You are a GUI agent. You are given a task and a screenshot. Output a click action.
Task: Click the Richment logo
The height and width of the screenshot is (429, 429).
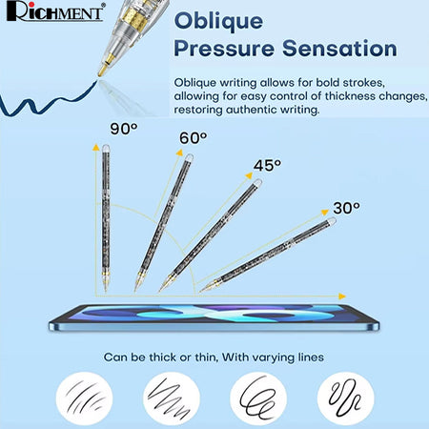click(x=55, y=11)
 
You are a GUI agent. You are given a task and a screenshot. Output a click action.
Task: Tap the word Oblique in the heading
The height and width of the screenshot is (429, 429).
click(x=218, y=22)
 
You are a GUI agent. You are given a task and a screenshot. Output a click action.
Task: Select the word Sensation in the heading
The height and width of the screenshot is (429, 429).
click(x=339, y=49)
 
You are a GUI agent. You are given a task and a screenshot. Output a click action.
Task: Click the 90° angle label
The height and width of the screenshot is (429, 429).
click(x=124, y=129)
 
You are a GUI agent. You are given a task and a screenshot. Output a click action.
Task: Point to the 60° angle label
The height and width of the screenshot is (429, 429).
click(x=194, y=138)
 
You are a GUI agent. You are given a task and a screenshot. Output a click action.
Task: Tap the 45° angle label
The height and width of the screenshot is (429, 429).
click(x=267, y=166)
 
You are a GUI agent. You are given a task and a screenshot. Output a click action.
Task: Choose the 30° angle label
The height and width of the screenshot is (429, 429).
click(x=346, y=208)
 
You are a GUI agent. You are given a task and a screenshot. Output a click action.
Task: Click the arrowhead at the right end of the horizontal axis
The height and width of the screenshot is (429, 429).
click(x=342, y=296)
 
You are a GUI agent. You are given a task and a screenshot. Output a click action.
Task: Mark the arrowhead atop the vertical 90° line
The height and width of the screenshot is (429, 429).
click(x=95, y=147)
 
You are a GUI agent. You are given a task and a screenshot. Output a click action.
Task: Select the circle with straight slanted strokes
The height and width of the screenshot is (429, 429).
click(x=84, y=398)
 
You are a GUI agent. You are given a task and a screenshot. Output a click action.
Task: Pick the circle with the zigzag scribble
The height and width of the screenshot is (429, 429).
click(x=172, y=398)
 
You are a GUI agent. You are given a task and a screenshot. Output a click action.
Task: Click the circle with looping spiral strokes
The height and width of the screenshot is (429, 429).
click(x=258, y=398)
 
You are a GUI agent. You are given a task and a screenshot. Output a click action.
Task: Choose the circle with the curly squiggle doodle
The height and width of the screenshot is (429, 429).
click(x=346, y=398)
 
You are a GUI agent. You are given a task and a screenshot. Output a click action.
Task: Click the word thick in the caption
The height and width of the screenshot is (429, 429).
click(x=163, y=357)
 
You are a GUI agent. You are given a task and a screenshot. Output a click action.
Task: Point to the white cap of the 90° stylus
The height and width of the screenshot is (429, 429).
click(x=106, y=148)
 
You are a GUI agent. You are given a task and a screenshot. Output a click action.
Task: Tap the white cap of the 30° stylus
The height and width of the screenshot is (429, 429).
click(x=332, y=220)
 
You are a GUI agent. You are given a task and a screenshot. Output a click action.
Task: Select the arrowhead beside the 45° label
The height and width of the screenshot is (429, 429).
click(x=249, y=175)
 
